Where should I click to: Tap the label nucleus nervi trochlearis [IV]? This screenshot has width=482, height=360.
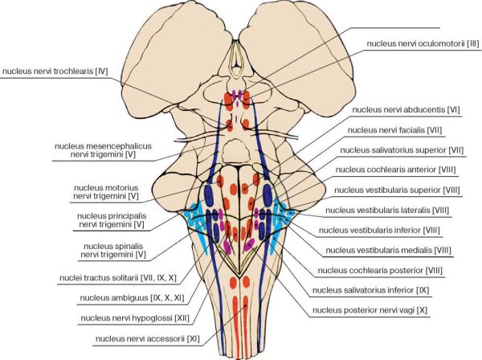[x=55, y=71]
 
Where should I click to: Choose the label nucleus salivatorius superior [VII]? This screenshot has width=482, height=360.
[x=406, y=149]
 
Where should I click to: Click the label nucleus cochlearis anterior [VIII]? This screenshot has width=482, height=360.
[x=402, y=170]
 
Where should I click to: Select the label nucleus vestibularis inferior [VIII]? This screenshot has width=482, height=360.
[x=399, y=231]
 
